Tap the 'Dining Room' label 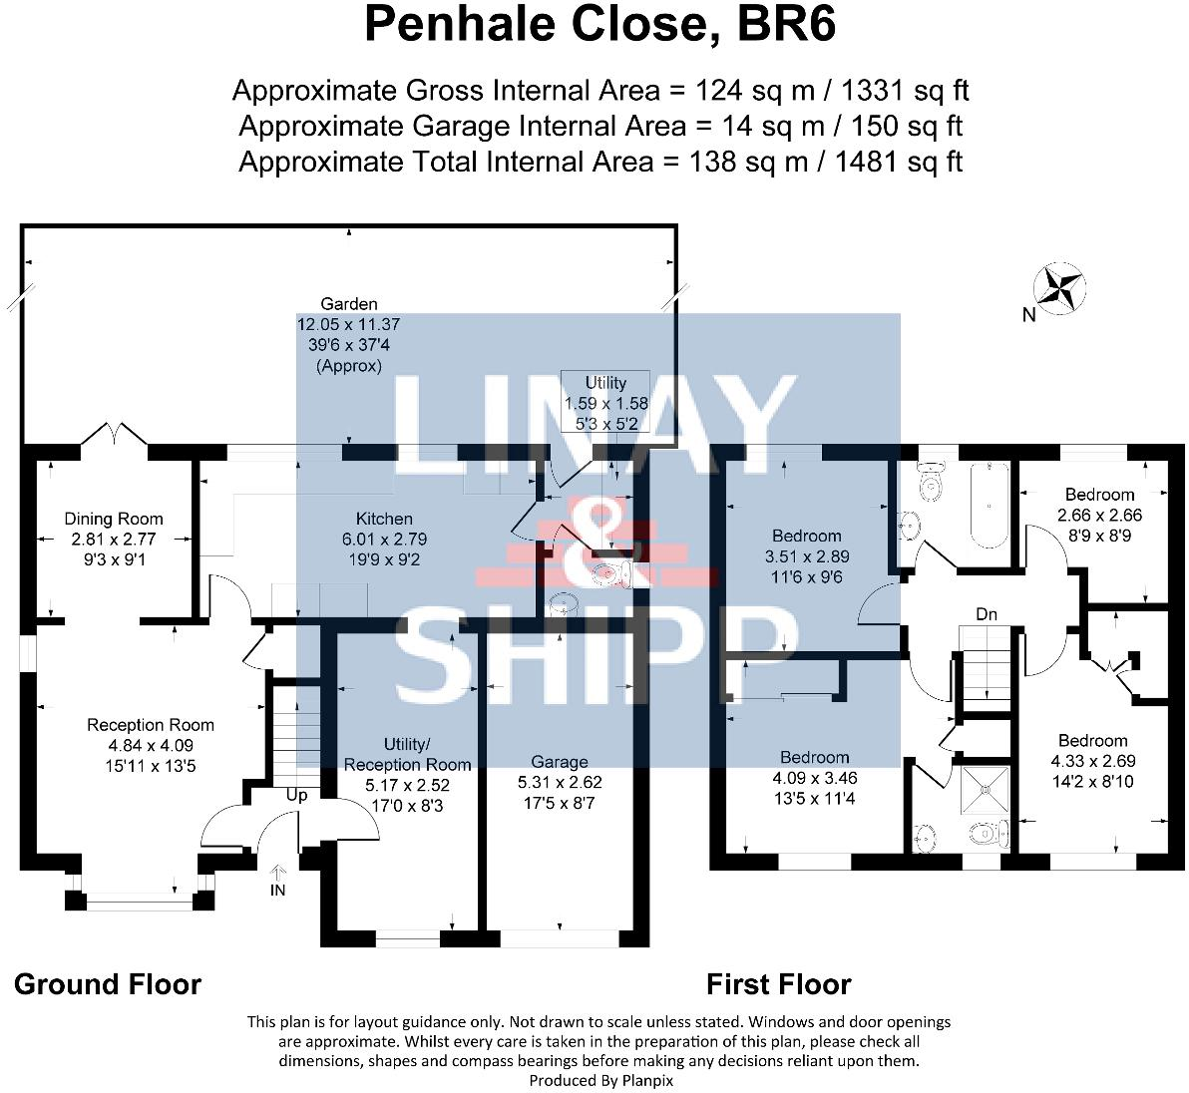(x=114, y=519)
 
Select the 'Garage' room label (x=560, y=762)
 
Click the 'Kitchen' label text (x=384, y=519)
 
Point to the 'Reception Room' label (x=151, y=725)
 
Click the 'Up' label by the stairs (x=297, y=796)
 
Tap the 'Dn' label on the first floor (x=987, y=614)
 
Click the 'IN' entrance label (x=277, y=890)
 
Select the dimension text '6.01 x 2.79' (x=384, y=539)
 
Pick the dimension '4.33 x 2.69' (x=1092, y=760)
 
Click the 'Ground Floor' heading (x=108, y=984)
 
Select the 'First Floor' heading (x=778, y=984)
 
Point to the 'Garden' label (x=349, y=304)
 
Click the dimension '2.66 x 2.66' (x=1099, y=515)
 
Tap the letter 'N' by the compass (x=1028, y=315)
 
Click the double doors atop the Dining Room (x=115, y=436)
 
